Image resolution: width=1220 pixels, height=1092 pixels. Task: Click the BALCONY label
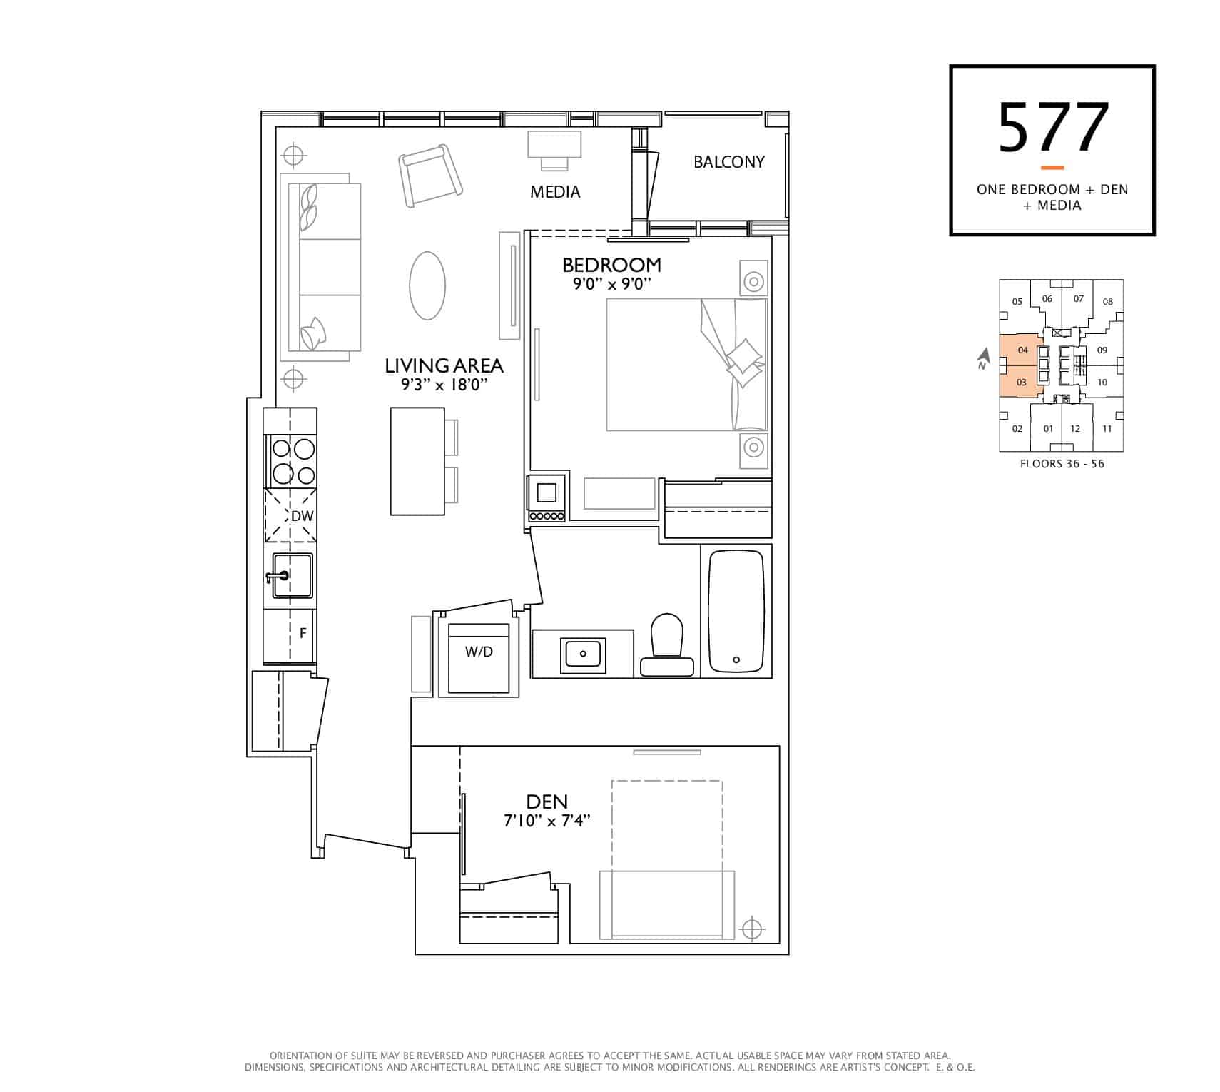(x=728, y=162)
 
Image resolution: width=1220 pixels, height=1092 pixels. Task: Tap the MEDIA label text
(x=555, y=192)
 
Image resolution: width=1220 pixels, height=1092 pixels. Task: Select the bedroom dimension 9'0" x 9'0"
(x=612, y=284)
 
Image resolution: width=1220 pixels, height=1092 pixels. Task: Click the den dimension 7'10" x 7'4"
(x=547, y=821)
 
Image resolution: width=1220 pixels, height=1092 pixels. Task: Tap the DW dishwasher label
(x=302, y=515)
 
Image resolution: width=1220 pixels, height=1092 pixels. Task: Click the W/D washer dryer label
(x=479, y=652)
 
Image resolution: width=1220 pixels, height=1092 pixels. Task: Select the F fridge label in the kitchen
(x=303, y=633)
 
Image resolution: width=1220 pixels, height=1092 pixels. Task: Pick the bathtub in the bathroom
(x=736, y=612)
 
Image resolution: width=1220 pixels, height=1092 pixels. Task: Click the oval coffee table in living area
(x=427, y=285)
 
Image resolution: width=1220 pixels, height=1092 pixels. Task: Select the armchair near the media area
(x=430, y=175)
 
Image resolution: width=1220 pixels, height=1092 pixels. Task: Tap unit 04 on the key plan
(x=1023, y=350)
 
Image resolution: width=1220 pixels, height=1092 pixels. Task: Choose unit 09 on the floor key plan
(x=1102, y=350)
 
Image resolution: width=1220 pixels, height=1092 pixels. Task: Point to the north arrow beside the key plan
(x=984, y=358)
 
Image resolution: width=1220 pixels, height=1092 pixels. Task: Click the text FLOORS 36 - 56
(x=1062, y=464)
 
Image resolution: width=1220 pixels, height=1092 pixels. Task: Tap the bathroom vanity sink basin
(x=583, y=653)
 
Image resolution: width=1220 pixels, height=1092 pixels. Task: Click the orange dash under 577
(x=1052, y=168)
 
